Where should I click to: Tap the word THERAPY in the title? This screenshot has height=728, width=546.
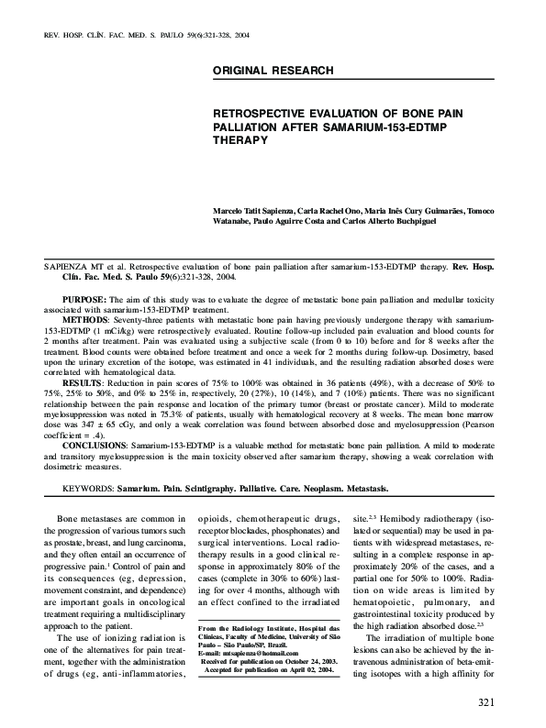pos(240,141)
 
